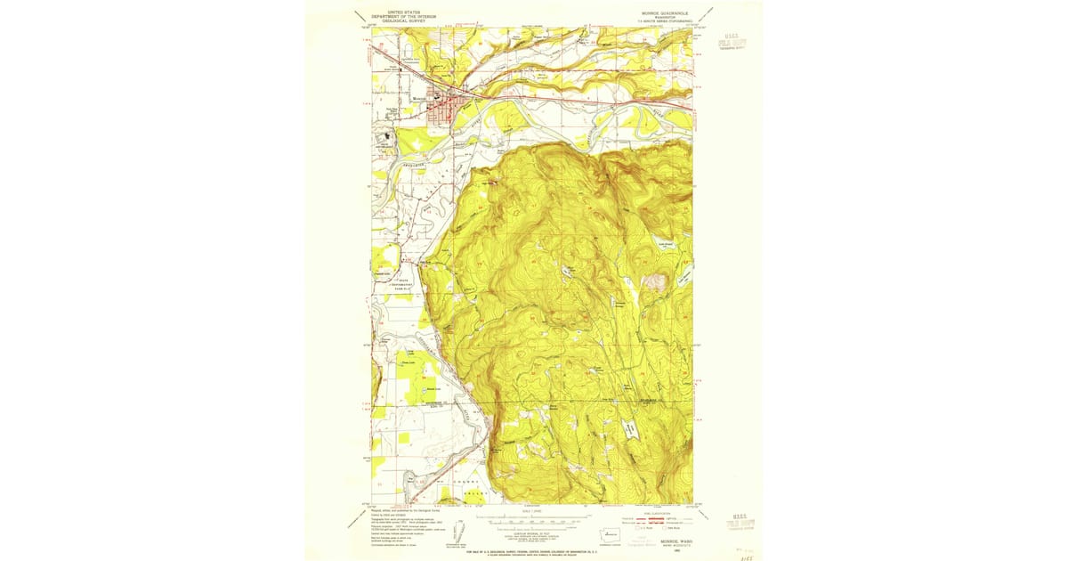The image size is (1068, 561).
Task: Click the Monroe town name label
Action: [x=419, y=98]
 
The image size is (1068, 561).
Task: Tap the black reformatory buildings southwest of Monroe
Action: [x=386, y=138]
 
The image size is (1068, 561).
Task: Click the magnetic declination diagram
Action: [x=459, y=529]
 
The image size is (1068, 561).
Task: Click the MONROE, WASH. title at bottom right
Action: [x=659, y=540]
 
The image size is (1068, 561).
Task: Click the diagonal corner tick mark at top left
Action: [x=360, y=15]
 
